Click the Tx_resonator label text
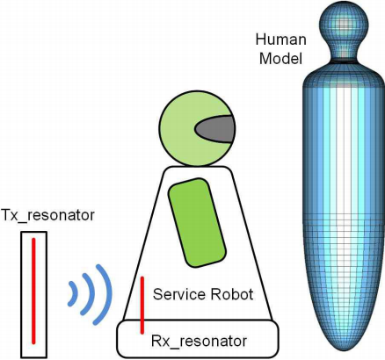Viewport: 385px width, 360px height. [47, 216]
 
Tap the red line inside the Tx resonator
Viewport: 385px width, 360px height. [33, 291]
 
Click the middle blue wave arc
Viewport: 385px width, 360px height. [90, 294]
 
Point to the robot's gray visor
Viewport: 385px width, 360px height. [215, 129]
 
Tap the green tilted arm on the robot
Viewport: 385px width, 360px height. [197, 222]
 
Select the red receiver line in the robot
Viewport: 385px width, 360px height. [142, 305]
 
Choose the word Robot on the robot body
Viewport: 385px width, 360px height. [231, 294]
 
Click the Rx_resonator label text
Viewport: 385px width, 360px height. [199, 341]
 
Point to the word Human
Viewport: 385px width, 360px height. [281, 40]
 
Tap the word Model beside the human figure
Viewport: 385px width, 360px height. [280, 59]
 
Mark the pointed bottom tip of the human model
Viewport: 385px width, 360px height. [344, 350]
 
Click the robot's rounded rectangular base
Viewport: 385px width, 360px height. [198, 339]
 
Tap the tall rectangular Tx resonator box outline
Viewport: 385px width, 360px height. [21, 294]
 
